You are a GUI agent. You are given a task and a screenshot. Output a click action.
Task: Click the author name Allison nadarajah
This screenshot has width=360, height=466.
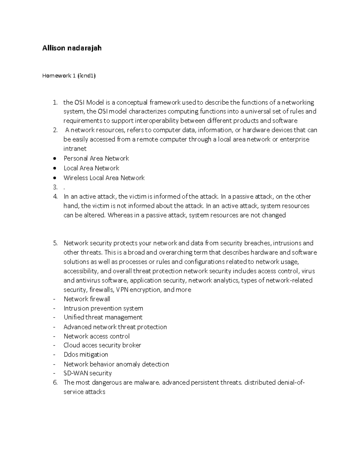tap(72, 48)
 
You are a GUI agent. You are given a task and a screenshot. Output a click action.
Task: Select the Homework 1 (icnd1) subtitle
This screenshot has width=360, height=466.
tap(69, 76)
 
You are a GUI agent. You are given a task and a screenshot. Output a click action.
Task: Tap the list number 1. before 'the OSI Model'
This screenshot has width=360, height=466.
tap(55, 102)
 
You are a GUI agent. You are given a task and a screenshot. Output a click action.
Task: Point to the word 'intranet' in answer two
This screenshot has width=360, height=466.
tap(75, 149)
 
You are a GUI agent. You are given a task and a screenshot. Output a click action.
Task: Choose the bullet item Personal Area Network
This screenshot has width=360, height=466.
tap(96, 158)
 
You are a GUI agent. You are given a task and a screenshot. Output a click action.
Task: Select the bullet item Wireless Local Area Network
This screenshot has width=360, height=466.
tap(104, 178)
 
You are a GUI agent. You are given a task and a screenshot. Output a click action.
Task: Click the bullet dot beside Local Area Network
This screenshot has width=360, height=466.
tap(54, 168)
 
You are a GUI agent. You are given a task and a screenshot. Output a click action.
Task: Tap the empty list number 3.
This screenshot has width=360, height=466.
tap(55, 187)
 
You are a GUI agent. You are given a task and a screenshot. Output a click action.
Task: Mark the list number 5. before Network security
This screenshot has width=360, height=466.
tap(55, 243)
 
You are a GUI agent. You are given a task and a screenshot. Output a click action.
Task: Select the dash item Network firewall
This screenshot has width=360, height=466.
tap(87, 299)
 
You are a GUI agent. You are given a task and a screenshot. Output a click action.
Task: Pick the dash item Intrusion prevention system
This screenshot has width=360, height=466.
tap(103, 308)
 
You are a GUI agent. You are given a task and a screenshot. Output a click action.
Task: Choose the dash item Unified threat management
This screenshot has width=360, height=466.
tap(103, 317)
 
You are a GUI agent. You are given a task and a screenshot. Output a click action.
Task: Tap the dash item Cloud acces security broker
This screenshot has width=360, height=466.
tap(102, 345)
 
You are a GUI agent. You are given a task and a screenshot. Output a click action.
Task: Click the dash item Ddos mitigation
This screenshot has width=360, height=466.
tap(85, 354)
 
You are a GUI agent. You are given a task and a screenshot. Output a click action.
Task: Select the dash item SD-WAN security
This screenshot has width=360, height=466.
tap(88, 373)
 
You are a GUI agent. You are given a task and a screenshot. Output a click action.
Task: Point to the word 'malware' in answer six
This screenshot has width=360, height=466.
tap(147, 382)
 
